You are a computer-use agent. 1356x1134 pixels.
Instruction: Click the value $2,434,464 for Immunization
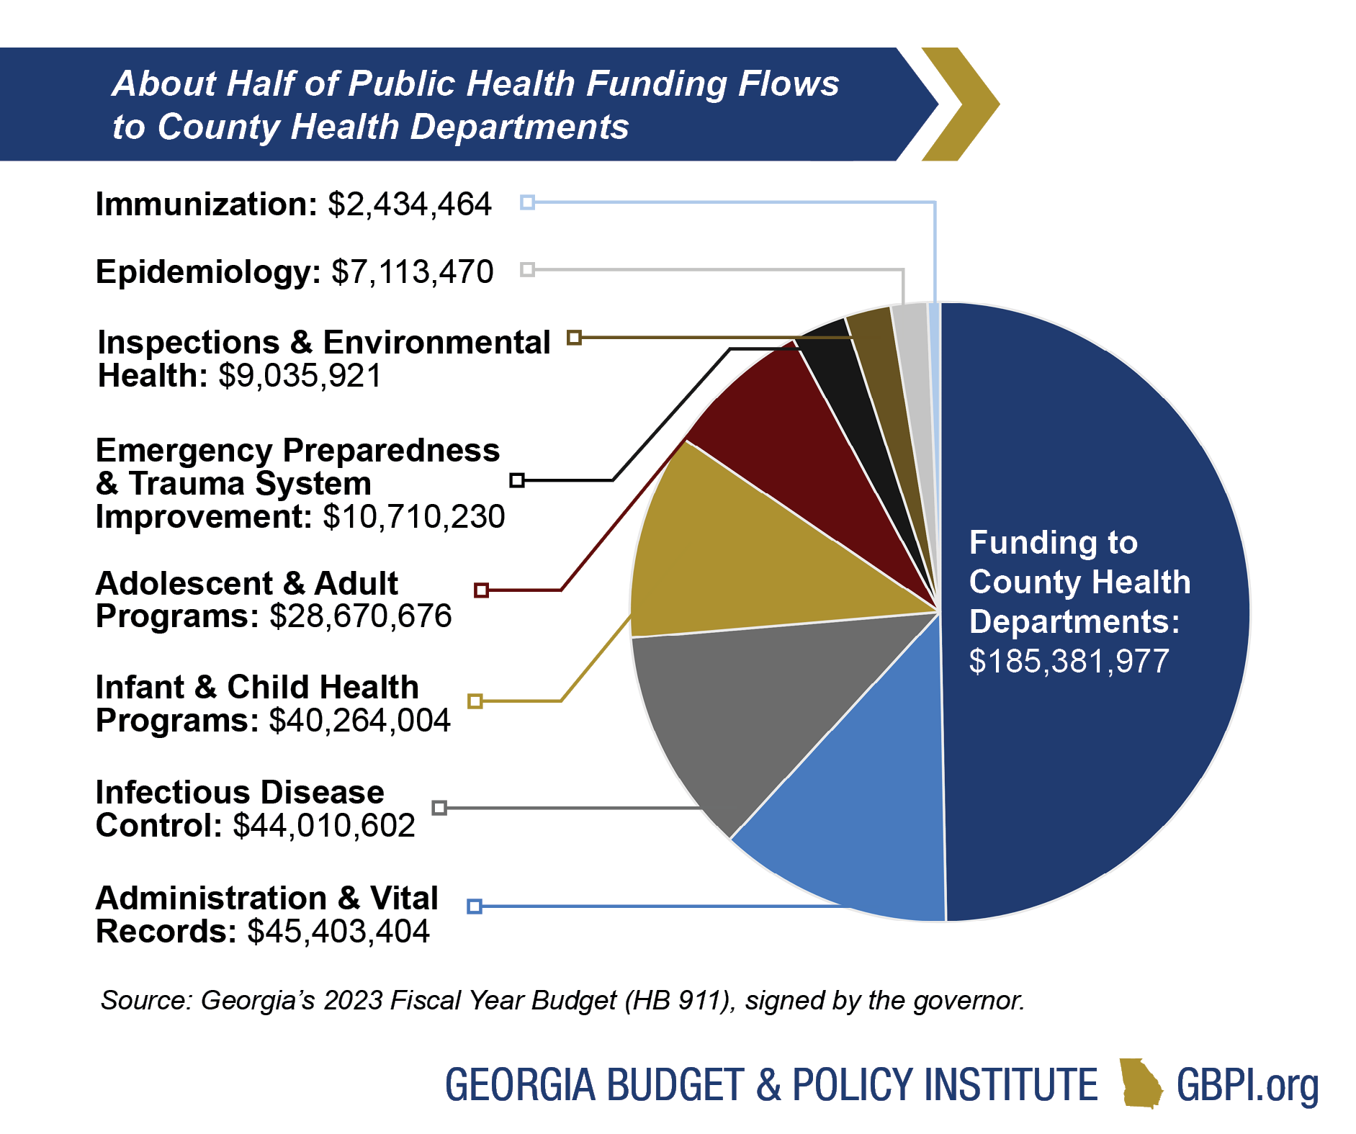[x=409, y=204]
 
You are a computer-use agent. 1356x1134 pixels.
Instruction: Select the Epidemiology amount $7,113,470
[x=412, y=272]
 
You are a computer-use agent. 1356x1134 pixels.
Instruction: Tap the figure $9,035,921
[x=300, y=376]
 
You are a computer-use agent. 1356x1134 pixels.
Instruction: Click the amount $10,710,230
[x=413, y=517]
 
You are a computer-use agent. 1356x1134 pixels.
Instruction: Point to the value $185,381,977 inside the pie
[x=1069, y=662]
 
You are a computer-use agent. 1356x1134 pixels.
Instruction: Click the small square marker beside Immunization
[x=527, y=202]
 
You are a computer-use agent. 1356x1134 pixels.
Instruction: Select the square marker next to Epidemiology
[x=527, y=270]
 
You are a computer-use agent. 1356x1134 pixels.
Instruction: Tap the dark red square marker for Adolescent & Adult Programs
[x=481, y=590]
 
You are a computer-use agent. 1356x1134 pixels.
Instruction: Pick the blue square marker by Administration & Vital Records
[x=474, y=906]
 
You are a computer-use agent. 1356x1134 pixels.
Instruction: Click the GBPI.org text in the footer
[x=1247, y=1085]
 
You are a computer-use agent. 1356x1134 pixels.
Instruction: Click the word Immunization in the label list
[x=206, y=204]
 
